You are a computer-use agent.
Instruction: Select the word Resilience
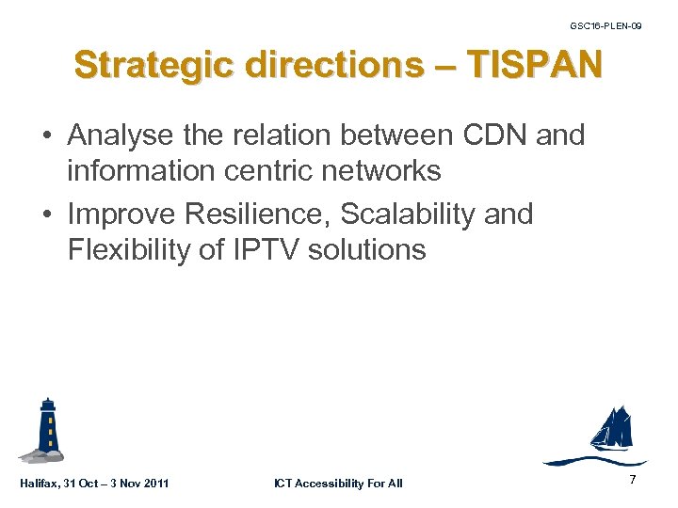click(x=257, y=214)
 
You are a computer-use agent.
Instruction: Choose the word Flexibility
click(x=126, y=250)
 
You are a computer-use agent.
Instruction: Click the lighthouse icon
click(x=46, y=430)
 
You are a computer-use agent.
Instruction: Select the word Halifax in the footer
click(x=40, y=484)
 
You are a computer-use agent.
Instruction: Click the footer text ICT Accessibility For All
click(x=338, y=484)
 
